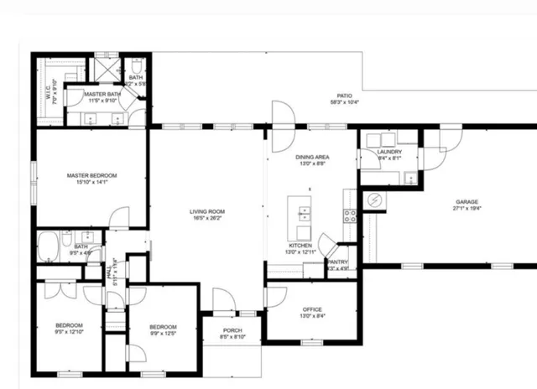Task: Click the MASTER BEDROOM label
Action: pos(92,175)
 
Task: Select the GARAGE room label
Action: pos(467,202)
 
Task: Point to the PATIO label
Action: pos(344,96)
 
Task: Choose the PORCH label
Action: pos(233,330)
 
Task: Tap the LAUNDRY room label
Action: pos(389,152)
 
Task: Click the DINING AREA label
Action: pos(311,157)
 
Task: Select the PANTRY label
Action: pos(338,261)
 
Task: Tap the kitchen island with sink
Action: pos(301,214)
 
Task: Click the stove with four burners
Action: pos(351,215)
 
